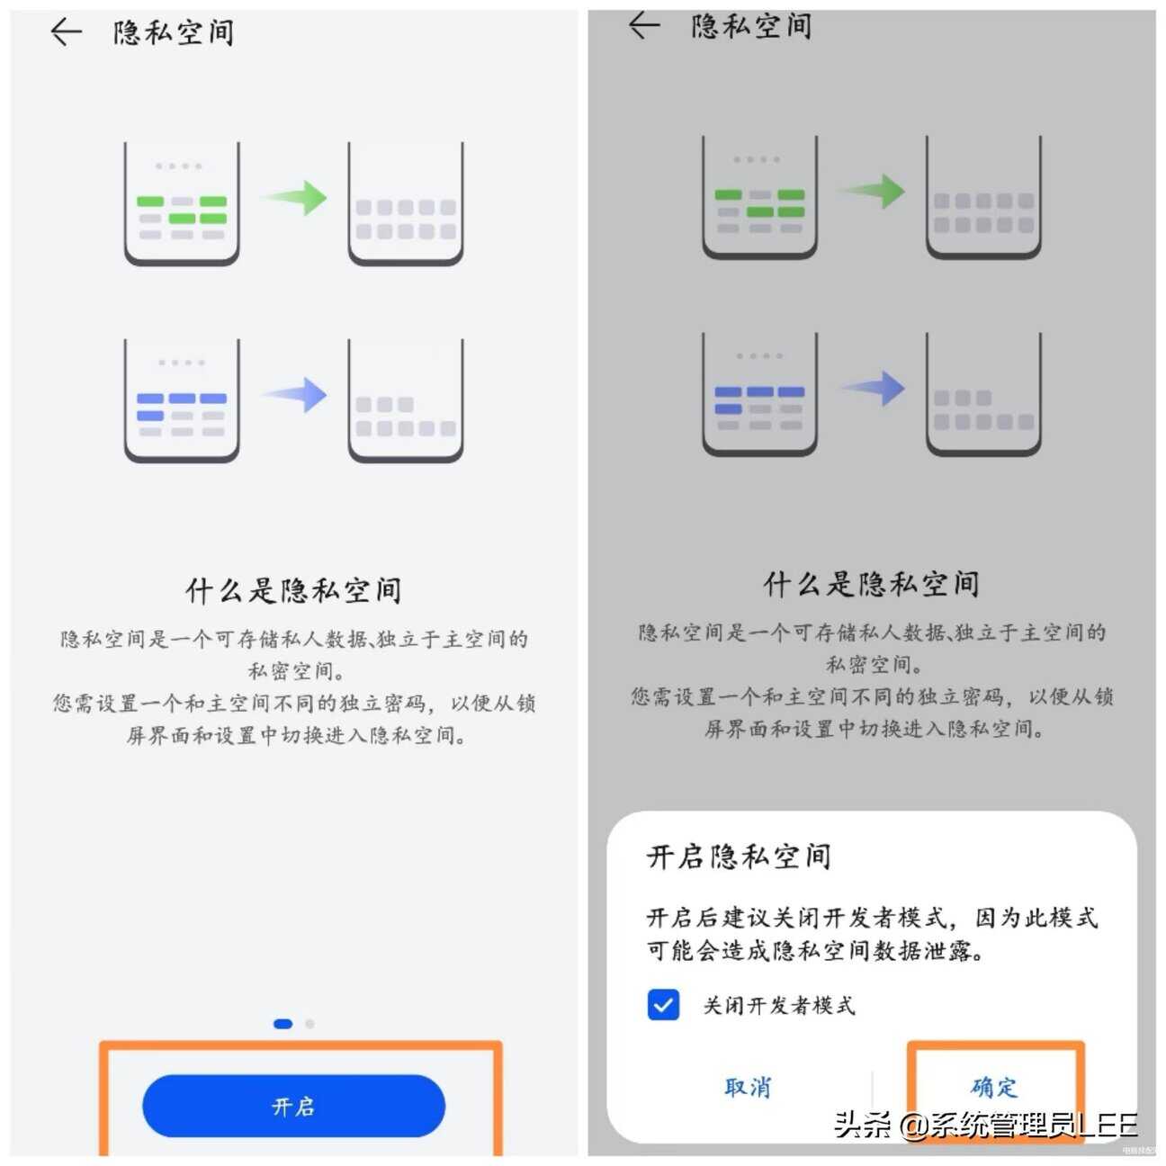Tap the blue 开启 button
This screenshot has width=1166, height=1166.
293,1106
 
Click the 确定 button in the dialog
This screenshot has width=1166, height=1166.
993,1087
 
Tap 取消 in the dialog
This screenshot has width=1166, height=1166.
748,1087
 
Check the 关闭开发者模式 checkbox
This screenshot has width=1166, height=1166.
663,1005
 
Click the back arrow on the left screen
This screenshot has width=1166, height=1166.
66,32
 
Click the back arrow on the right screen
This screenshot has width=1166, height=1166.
643,25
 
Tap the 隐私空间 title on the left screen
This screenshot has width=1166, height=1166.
174,33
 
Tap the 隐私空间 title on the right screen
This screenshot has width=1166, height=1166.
751,26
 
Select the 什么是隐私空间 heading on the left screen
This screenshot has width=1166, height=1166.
293,590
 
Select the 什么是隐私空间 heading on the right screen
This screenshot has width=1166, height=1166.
871,584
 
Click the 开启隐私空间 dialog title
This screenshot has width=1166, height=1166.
739,856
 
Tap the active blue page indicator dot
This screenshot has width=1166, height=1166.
283,1024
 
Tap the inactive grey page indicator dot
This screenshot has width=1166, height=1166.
309,1024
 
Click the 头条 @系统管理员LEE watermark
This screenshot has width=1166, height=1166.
985,1125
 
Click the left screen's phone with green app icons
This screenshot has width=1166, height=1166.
182,203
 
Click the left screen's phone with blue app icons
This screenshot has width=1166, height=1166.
182,400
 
